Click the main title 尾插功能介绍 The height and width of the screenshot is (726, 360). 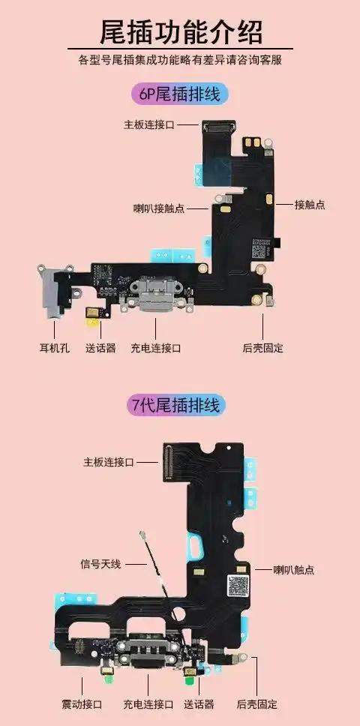[180, 32]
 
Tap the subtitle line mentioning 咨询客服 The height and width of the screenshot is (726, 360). [180, 59]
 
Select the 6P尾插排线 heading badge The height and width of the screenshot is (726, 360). [179, 94]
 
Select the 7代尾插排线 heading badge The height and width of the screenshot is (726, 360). [179, 406]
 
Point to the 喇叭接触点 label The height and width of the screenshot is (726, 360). [158, 208]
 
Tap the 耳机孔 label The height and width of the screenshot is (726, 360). [54, 348]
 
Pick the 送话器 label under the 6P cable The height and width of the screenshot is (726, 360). [100, 348]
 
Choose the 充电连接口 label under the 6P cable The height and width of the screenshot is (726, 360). [156, 348]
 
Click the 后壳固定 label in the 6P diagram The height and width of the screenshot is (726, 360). [262, 348]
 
